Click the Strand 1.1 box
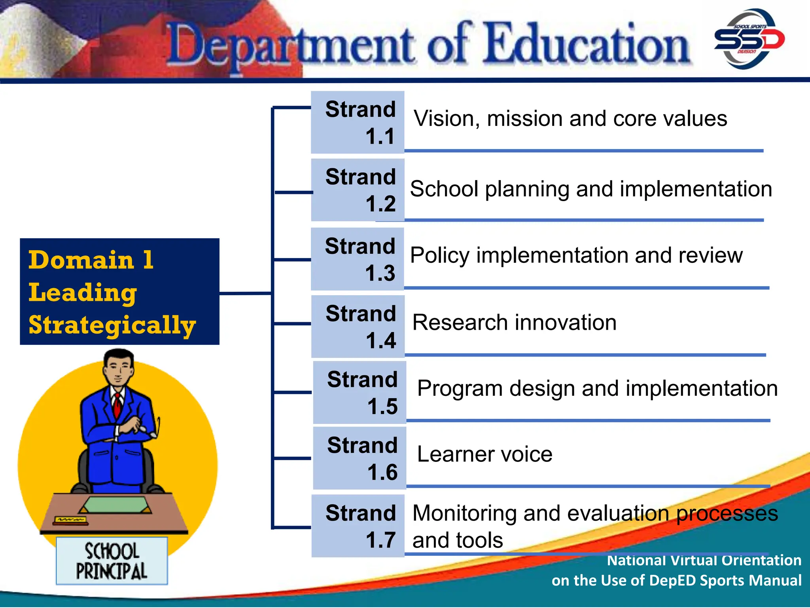pos(358,122)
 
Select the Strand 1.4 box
pos(358,327)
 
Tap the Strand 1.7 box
pos(358,526)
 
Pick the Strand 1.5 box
pos(359,392)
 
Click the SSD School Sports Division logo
pos(749,39)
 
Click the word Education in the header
pos(588,44)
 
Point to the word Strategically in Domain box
pos(112,326)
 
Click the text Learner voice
pos(484,454)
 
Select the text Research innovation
pos(514,322)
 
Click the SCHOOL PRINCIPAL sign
pos(112,561)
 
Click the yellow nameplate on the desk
pos(71,520)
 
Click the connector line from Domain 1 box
pos(245,293)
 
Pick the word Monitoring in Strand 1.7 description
pos(464,513)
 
